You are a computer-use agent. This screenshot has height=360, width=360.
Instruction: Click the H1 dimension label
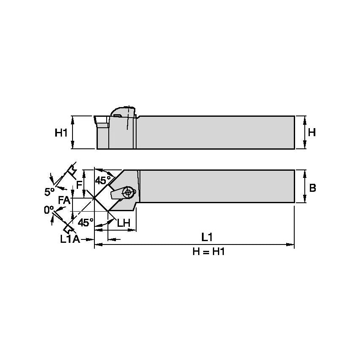[x=61, y=133]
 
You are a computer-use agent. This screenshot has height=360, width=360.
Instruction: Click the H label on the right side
[x=312, y=132]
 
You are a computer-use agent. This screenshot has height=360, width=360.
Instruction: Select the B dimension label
[x=312, y=188]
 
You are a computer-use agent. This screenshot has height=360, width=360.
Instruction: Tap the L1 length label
[x=207, y=237]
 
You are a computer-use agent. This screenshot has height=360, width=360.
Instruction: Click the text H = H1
[x=207, y=252]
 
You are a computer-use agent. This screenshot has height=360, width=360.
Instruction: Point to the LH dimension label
[x=123, y=223]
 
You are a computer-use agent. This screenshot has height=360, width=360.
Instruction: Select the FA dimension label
[x=64, y=201]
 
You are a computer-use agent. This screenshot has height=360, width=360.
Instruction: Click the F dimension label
[x=78, y=185]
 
